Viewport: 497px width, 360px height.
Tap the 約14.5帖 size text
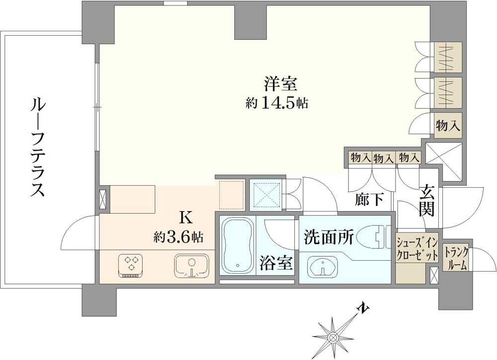pos(277,103)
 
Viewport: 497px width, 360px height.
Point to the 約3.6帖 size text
pos(178,237)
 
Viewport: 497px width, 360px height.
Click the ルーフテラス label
pos(38,147)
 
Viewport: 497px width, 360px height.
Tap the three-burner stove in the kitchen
pos(131,264)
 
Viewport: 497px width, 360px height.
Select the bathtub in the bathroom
pos(236,246)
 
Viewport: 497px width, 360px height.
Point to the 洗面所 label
pos(329,237)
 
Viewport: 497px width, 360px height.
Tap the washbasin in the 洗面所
pos(324,268)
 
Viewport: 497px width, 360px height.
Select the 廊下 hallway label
pos(369,200)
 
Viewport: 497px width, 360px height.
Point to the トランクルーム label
pos(456,259)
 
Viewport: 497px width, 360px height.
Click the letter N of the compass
pos(364,308)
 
